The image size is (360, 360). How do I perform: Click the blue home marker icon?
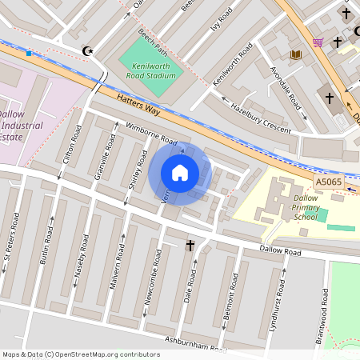pyautogui.click(x=180, y=173)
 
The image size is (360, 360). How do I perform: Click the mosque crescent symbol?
pyautogui.click(x=88, y=51)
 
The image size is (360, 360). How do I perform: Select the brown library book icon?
pyautogui.click(x=296, y=54)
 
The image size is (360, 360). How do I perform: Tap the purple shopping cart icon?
pyautogui.click(x=318, y=42)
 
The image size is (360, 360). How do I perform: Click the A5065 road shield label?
pyautogui.click(x=328, y=182)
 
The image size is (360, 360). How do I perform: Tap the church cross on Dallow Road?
pyautogui.click(x=190, y=244)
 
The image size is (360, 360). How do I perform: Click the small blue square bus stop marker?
pyautogui.click(x=29, y=54)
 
